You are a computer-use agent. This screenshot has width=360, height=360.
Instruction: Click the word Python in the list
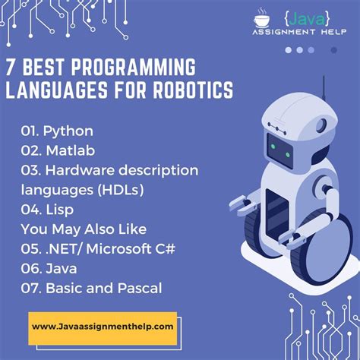coord(68,131)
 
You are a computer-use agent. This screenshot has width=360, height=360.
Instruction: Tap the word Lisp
coord(60,210)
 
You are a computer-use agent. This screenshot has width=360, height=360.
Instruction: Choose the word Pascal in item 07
coord(140,288)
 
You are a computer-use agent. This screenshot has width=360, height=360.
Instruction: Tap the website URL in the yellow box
coord(103,327)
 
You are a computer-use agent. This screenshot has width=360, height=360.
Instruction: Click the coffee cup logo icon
coord(262,18)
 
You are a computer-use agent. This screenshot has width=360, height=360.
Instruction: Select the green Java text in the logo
coord(307,19)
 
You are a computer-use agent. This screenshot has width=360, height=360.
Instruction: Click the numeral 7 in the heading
coord(10,67)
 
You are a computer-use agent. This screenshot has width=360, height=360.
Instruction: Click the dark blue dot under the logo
coord(334,50)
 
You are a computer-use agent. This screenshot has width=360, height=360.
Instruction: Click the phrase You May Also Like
coord(84,229)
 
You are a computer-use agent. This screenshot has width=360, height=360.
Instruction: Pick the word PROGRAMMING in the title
coord(134,67)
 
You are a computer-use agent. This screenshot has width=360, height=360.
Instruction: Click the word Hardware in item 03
coord(81,170)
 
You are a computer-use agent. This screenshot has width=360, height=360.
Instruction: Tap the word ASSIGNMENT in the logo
coord(284,32)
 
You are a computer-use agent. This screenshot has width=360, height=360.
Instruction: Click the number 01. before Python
coord(30,131)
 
